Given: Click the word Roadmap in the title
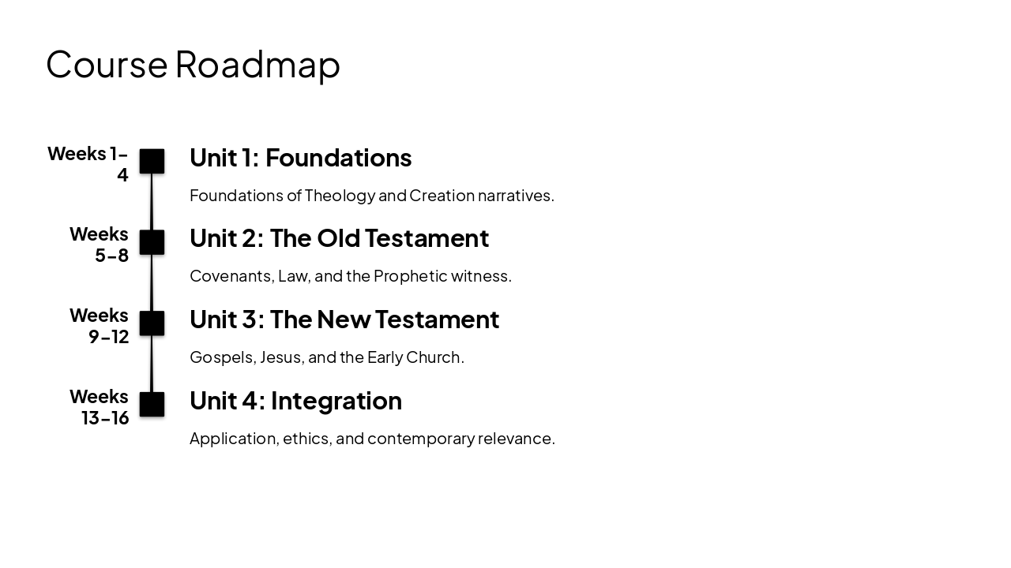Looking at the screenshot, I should click(x=257, y=65).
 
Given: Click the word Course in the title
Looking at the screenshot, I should click(x=107, y=65).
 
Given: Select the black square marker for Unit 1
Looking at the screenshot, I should click(x=152, y=161).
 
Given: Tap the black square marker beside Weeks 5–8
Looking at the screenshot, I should click(x=152, y=242).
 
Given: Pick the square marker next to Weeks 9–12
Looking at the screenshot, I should click(x=152, y=323).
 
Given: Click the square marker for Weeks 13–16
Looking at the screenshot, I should click(x=152, y=404).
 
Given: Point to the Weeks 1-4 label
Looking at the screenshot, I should click(x=88, y=163).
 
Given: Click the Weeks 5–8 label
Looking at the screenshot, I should click(x=100, y=245).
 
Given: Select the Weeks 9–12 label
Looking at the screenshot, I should click(x=100, y=326).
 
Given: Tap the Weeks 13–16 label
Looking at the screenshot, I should click(x=100, y=406).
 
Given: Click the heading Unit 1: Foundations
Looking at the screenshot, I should click(x=300, y=158).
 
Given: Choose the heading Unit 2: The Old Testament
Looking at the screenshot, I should click(x=339, y=238).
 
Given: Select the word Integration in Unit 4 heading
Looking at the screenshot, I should click(x=336, y=401).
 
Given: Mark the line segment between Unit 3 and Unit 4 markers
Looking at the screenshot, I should click(x=152, y=364).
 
